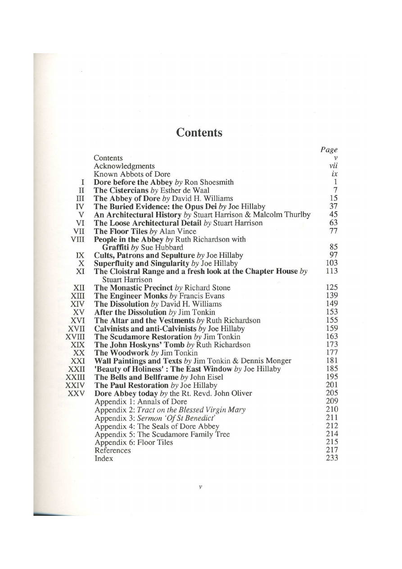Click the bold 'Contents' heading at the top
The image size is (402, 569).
click(199, 132)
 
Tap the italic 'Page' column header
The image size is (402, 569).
click(329, 150)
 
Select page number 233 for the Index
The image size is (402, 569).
click(331, 458)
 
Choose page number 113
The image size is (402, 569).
click(331, 271)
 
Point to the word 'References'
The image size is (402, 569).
click(113, 450)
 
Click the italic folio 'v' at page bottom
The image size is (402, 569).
click(199, 487)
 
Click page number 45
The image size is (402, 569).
click(333, 214)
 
